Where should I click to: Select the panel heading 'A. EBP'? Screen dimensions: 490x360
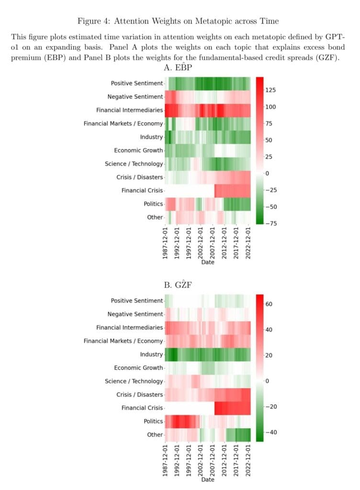180,68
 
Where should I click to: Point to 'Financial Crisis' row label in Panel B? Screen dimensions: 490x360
142,408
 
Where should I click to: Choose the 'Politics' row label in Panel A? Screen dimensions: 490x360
153,204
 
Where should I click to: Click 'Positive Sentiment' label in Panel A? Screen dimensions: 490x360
136,83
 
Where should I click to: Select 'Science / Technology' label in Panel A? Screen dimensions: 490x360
134,164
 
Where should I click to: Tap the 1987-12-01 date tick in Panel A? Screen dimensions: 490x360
165,244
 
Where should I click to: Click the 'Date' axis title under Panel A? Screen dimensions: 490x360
208,262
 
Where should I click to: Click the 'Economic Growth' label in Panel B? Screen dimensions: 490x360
138,367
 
